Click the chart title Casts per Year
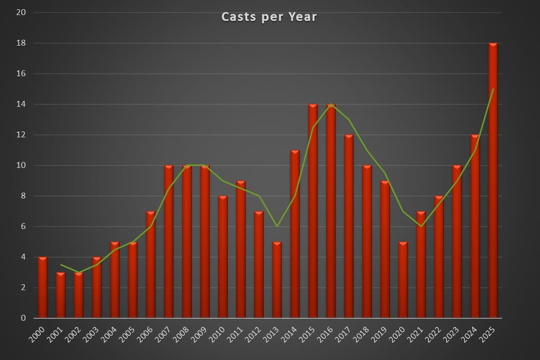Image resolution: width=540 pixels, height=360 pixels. tap(269, 17)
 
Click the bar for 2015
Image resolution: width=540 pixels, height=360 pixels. tap(313, 211)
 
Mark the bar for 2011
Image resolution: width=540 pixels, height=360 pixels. tap(241, 249)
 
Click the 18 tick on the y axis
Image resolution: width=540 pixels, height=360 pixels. tap(21, 43)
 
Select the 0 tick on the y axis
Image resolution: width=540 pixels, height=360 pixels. tap(23, 318)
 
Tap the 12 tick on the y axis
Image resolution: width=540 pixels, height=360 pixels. tap(21, 135)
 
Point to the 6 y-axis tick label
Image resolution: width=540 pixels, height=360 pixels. tap(23, 227)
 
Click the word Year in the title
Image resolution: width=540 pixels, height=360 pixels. tap(303, 17)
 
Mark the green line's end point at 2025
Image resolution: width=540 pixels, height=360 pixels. tap(493, 89)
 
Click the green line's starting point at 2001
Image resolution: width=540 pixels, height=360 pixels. tap(61, 264)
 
